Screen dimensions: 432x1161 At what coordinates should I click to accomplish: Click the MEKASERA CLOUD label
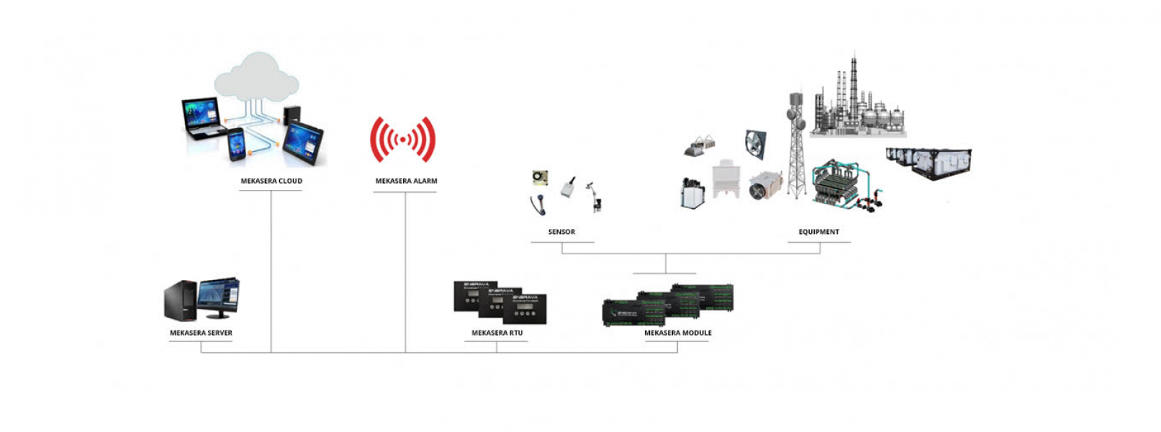tap(271, 181)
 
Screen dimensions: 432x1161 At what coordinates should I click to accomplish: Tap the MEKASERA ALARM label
tap(406, 181)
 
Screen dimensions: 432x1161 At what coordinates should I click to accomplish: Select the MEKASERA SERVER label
tap(201, 333)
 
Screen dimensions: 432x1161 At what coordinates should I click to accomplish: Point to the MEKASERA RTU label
tap(497, 333)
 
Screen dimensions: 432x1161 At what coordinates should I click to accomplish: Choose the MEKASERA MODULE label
tap(677, 333)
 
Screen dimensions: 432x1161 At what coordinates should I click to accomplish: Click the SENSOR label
tap(561, 232)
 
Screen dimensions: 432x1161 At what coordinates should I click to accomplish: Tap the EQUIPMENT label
tap(818, 232)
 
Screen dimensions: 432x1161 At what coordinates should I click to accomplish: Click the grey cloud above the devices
tap(256, 78)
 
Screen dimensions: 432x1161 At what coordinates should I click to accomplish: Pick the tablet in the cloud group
tap(303, 142)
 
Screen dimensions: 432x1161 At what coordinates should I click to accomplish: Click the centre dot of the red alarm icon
tap(402, 140)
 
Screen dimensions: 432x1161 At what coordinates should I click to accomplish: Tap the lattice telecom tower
tap(795, 148)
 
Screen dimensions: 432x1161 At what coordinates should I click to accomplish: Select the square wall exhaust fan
tap(755, 144)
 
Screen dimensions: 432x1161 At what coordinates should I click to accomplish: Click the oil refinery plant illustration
tap(857, 104)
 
